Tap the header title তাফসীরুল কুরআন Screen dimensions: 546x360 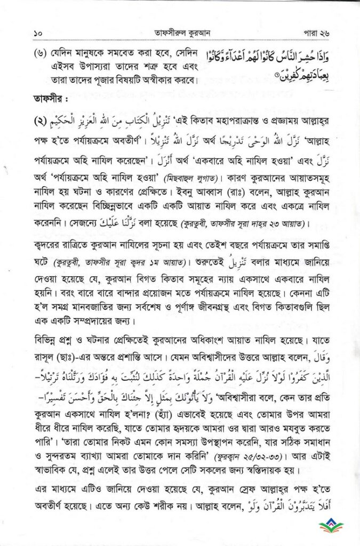(180, 33)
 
